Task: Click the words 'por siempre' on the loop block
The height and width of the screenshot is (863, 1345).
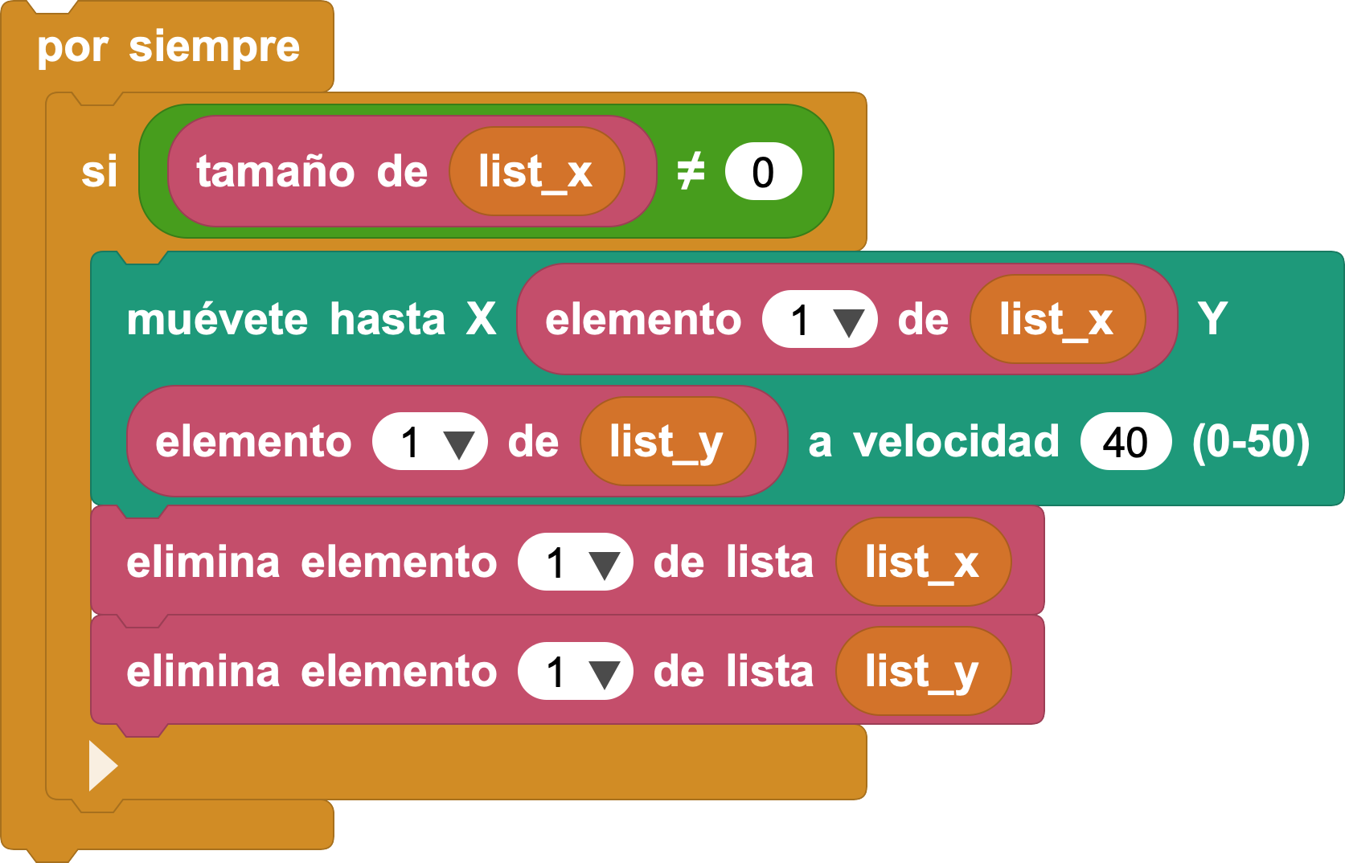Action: click(x=168, y=48)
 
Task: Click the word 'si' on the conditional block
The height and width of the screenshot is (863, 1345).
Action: click(x=99, y=172)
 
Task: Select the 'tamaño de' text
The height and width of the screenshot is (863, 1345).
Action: click(x=312, y=172)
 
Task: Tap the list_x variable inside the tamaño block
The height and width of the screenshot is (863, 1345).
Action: click(x=537, y=172)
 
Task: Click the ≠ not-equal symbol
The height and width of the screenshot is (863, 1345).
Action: click(x=691, y=171)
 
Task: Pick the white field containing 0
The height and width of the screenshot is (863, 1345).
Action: click(x=763, y=172)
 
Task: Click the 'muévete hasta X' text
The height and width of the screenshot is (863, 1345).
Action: click(x=312, y=319)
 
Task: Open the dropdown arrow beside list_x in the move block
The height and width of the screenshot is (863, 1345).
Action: click(x=848, y=322)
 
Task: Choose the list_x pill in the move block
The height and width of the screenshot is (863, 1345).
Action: click(x=1057, y=319)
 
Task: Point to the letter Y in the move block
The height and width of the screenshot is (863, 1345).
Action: click(x=1212, y=318)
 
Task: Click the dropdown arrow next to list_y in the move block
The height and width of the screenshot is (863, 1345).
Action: click(x=459, y=444)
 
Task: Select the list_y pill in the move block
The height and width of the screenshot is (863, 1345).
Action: click(x=667, y=441)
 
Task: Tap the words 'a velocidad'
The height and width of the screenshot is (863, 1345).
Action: click(x=933, y=442)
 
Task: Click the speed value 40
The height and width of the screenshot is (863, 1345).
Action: click(x=1126, y=441)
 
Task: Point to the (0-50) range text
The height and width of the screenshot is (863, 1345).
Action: click(x=1251, y=442)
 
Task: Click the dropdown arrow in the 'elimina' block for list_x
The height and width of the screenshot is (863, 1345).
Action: click(x=604, y=566)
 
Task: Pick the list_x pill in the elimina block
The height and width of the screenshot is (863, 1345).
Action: click(x=923, y=562)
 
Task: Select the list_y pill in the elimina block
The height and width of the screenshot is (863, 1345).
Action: click(x=923, y=671)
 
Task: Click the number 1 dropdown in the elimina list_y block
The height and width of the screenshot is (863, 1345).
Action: click(x=576, y=671)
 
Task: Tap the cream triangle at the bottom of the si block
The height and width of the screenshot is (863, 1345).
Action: click(x=103, y=765)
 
